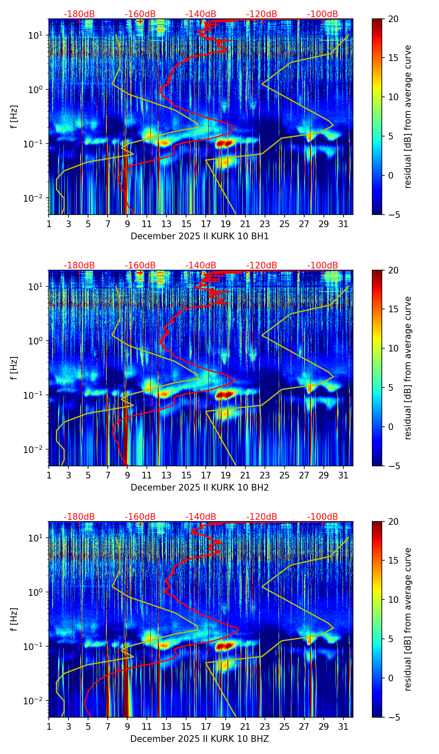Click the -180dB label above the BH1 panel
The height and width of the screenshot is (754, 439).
[x=79, y=14]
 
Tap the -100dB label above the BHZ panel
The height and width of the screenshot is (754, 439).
[x=323, y=517]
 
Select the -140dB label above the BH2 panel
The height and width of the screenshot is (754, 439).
[x=201, y=266]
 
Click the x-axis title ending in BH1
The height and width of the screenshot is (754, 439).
[x=199, y=236]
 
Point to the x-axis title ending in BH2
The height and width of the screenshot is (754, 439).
[x=199, y=488]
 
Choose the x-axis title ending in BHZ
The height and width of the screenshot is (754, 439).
[x=199, y=739]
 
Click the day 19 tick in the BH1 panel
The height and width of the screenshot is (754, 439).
[x=225, y=224]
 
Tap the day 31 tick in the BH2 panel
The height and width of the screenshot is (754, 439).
[x=343, y=475]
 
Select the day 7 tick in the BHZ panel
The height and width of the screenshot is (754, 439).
[x=108, y=726]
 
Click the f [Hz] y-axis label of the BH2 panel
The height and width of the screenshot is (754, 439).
[x=14, y=368]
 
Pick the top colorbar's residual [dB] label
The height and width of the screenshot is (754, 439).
[x=408, y=116]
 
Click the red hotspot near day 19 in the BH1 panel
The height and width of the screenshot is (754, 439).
[x=224, y=144]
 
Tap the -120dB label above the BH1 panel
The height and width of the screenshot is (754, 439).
[x=262, y=14]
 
